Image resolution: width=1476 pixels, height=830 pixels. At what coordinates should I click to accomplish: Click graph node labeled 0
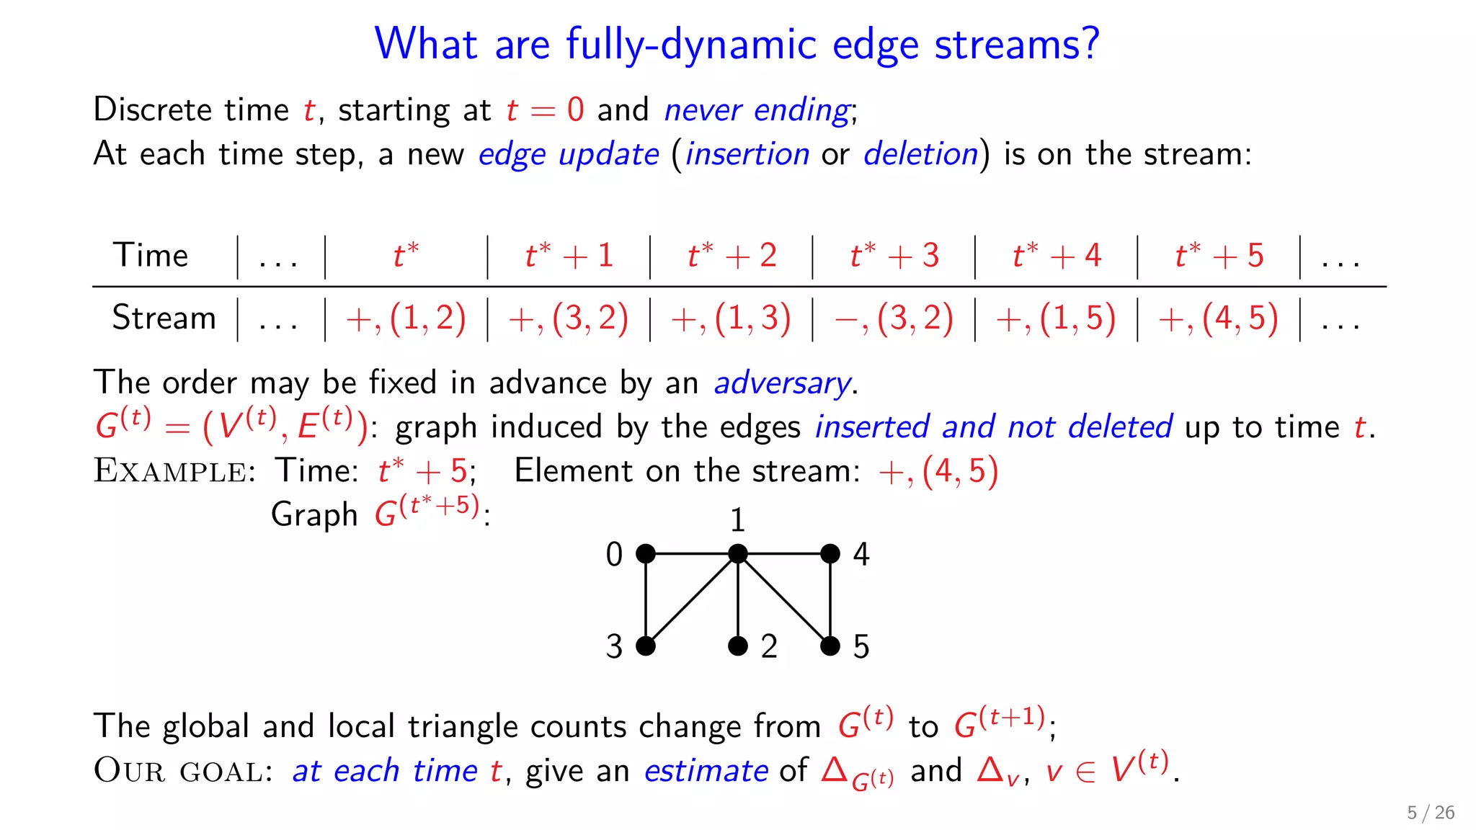[646, 554]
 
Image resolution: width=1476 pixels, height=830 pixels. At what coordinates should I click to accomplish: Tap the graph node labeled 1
[738, 554]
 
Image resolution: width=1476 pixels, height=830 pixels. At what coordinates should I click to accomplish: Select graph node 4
[830, 554]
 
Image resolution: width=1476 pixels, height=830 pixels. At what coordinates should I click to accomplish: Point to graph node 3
[646, 646]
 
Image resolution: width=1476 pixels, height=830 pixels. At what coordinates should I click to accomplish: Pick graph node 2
[738, 646]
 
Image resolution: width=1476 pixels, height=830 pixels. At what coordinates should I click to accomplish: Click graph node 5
[830, 646]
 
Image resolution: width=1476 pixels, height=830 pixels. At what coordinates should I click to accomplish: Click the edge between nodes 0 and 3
[646, 599]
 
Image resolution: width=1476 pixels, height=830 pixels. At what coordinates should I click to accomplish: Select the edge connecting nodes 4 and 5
[830, 599]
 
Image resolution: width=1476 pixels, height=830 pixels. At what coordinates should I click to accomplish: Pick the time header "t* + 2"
[732, 256]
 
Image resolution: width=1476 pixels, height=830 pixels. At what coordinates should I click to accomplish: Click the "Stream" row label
[164, 318]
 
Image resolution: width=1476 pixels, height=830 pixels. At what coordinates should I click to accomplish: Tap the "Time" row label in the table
[150, 256]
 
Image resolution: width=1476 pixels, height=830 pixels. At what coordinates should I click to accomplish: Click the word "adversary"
[782, 383]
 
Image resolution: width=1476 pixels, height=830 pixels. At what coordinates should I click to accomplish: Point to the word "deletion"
[920, 154]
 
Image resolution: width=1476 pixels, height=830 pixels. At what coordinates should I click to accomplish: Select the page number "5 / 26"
[1431, 813]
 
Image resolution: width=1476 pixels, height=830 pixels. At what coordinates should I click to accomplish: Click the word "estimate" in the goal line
[706, 771]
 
